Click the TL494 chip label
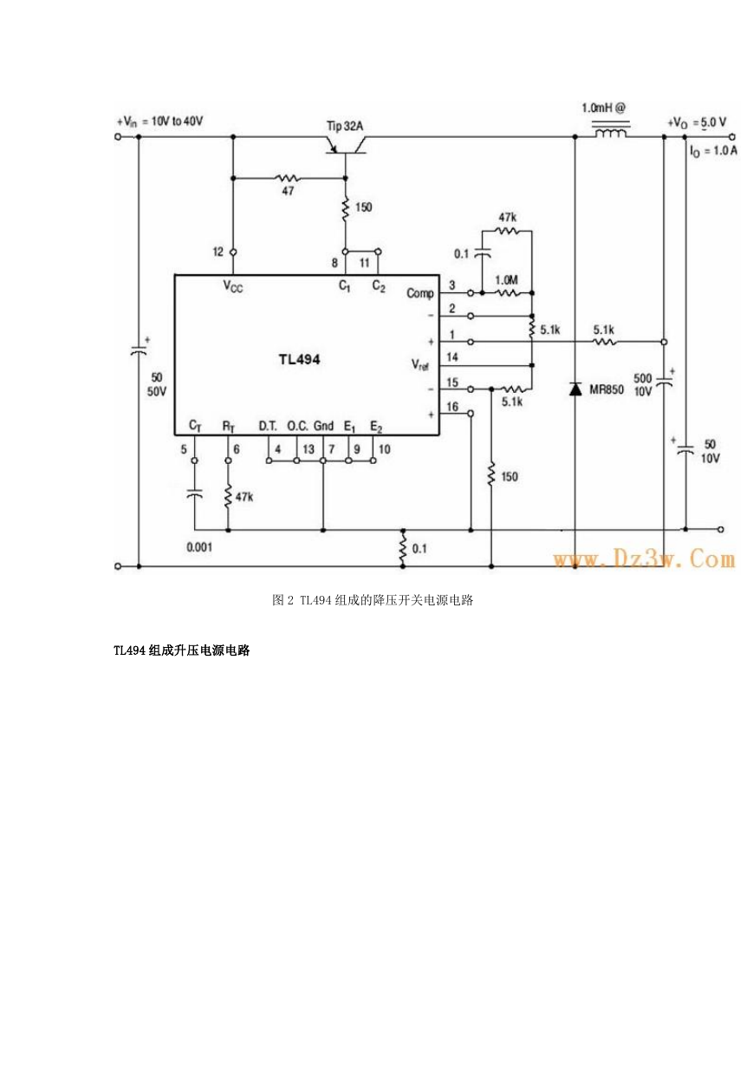point(299,359)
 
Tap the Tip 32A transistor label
point(344,126)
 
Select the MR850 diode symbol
point(575,389)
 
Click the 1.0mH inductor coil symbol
point(611,132)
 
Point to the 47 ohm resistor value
point(288,191)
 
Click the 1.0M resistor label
point(506,280)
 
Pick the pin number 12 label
point(217,252)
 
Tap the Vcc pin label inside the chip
point(233,286)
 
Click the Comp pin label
point(420,294)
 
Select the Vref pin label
point(420,365)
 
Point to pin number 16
point(451,407)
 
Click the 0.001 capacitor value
point(199,547)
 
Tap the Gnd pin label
point(323,426)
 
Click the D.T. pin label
point(268,426)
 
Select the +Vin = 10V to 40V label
point(160,121)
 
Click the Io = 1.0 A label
point(713,151)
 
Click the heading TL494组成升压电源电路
point(181,650)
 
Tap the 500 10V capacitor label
point(642,385)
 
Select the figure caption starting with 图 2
point(373,600)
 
